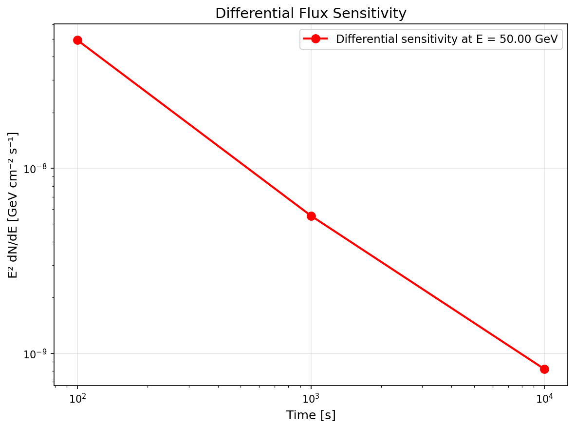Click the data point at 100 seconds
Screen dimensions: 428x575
click(x=77, y=40)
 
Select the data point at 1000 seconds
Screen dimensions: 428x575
click(x=311, y=216)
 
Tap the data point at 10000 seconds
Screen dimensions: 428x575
click(x=544, y=369)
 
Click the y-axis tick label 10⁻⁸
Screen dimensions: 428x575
click(x=36, y=169)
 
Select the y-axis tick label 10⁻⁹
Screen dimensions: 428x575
click(x=36, y=353)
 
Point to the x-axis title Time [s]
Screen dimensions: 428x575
click(x=311, y=415)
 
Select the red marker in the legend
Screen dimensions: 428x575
click(x=315, y=39)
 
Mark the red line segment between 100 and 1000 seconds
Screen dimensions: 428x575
click(x=194, y=128)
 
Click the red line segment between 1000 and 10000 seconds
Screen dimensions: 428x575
click(x=427, y=292)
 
